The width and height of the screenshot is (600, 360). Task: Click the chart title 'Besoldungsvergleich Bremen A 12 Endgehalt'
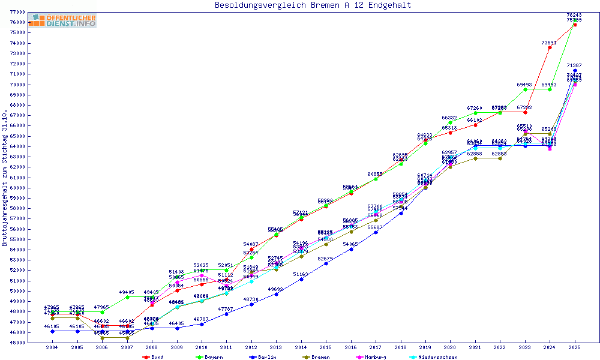point(313,5)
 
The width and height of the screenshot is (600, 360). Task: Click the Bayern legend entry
point(209,357)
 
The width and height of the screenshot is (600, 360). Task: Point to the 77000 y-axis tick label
point(17,12)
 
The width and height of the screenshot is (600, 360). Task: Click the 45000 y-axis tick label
point(17,343)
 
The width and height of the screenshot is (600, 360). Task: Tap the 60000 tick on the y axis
point(17,188)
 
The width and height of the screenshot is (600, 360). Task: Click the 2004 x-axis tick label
point(52,347)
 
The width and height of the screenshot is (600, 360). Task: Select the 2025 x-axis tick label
point(575,347)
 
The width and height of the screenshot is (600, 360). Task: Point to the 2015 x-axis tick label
point(326,347)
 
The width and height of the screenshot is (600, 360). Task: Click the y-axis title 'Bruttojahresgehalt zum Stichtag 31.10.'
point(5,178)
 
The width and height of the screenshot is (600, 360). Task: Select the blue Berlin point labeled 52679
point(326,263)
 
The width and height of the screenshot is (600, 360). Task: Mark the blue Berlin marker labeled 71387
point(575,70)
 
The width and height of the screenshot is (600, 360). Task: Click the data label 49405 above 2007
point(127,292)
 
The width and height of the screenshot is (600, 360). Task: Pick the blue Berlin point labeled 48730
point(251,304)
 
